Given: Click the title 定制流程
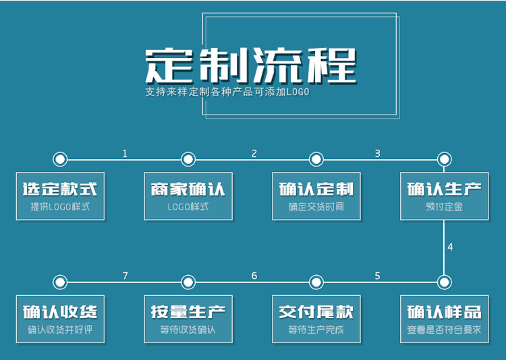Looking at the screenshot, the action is point(250,65).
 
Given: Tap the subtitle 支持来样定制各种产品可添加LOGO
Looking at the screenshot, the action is point(227,92).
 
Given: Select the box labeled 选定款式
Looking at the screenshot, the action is point(60,196).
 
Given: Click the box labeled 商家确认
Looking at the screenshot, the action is point(188,196).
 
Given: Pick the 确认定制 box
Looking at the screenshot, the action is point(316,196).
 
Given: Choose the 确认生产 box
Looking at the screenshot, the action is point(444,196).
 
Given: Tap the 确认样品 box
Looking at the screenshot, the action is point(444,318).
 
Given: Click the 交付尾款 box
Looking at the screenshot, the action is point(316,318).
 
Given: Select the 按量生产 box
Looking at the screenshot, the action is point(188,318).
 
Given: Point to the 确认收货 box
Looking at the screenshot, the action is point(60,318).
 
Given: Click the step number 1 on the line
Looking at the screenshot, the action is point(125,154).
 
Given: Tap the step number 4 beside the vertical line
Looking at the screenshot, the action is point(450,247).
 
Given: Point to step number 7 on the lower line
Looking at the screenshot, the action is point(125,276).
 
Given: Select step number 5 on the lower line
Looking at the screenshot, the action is point(377,276).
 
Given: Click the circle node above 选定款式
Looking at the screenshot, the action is point(60,160).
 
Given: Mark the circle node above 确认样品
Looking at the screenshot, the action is point(444,282).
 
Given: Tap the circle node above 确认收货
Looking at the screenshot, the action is point(60,282).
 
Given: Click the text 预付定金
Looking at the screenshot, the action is point(444,207).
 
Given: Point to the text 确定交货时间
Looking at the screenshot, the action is point(316,207).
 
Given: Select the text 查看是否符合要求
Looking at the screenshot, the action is point(444,330).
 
